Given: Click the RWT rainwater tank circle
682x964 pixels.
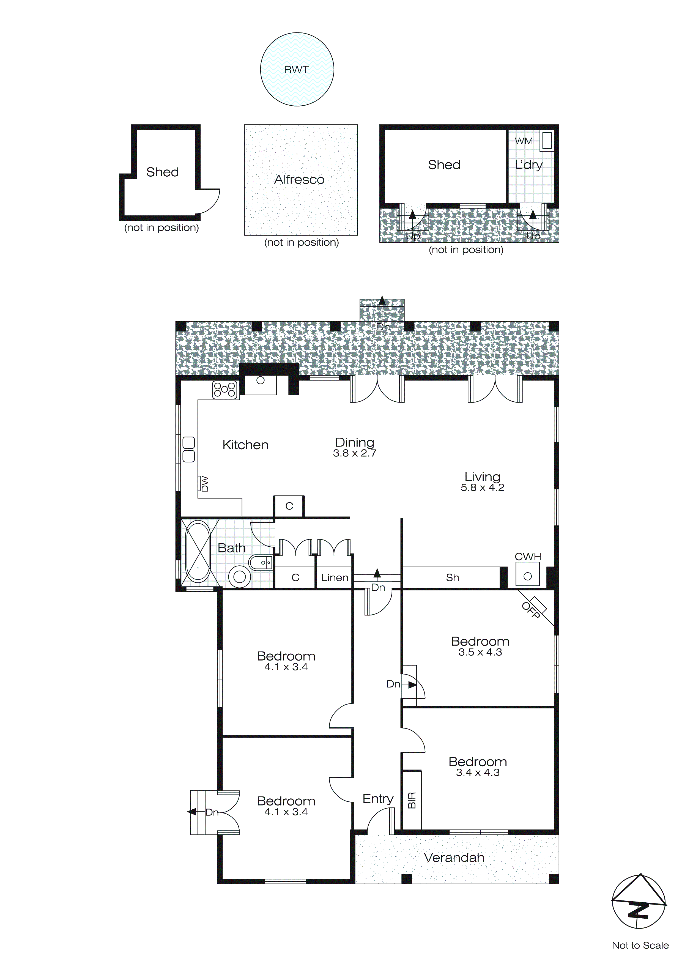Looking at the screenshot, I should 297,70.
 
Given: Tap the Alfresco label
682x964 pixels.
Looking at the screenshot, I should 299,180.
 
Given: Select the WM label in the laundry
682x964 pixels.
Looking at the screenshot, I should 524,141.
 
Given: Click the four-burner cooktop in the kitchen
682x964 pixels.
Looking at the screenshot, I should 225,390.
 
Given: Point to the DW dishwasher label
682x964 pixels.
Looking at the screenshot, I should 204,483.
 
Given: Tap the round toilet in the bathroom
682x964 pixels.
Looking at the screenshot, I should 239,577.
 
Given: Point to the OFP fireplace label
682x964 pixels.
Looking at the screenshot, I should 530,610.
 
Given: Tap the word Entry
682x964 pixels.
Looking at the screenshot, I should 378,799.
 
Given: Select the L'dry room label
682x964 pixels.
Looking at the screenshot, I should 529,165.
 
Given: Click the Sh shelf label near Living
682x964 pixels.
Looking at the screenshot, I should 452,578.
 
